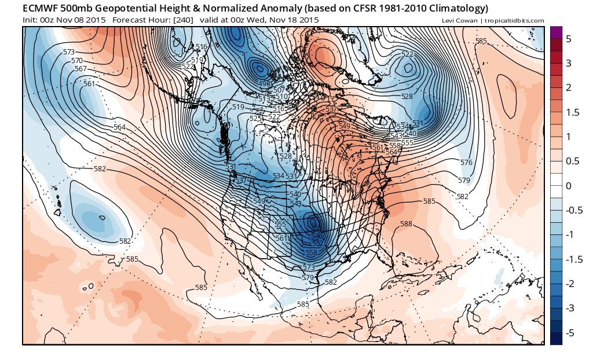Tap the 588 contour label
coord(406,223)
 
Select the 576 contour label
coord(466,163)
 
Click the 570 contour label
coord(76,61)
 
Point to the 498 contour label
coord(265,84)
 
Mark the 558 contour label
coord(311,252)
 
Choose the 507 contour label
coord(279,90)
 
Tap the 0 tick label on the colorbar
coord(568,186)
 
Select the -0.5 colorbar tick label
coord(572,210)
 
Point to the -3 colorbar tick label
coord(569,308)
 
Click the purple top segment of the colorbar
coord(556,32)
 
